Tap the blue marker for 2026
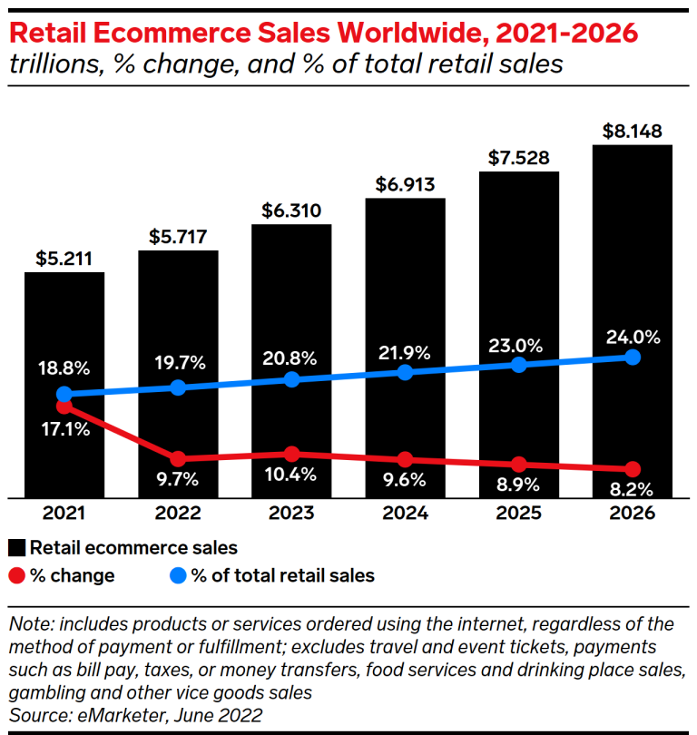pyautogui.click(x=633, y=357)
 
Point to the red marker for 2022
pyautogui.click(x=178, y=459)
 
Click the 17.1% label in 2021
pyautogui.click(x=64, y=429)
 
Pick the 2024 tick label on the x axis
pyautogui.click(x=405, y=514)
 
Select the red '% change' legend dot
pyautogui.click(x=16, y=575)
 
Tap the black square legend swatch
pyautogui.click(x=16, y=548)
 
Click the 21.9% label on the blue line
pyautogui.click(x=405, y=349)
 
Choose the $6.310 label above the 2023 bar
pyautogui.click(x=291, y=211)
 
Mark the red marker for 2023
pyautogui.click(x=291, y=454)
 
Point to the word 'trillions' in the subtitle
pyautogui.click(x=50, y=64)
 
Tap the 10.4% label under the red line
pyautogui.click(x=291, y=475)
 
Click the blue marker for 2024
pyautogui.click(x=405, y=372)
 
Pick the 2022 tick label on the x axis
pyautogui.click(x=178, y=514)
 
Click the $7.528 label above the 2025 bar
pyautogui.click(x=518, y=158)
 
